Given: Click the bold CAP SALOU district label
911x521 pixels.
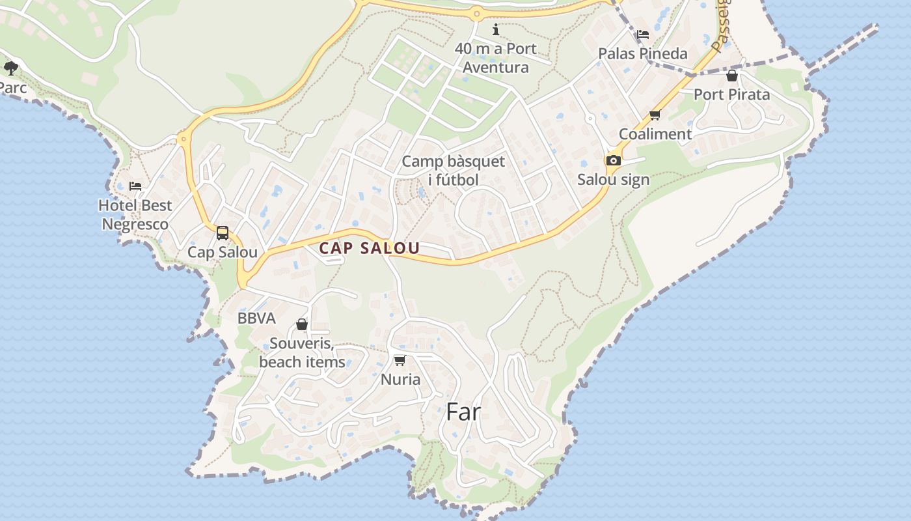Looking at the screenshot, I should click(x=369, y=248).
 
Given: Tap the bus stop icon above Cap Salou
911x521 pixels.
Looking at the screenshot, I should click(x=223, y=232).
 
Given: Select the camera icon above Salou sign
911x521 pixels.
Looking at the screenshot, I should click(x=613, y=160).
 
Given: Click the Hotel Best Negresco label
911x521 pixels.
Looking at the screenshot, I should click(x=135, y=215).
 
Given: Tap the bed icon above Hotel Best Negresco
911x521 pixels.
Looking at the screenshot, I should click(x=135, y=186).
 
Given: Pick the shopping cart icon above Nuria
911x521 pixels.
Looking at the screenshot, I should click(x=400, y=360).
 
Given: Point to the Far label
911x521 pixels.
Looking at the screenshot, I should click(x=463, y=412).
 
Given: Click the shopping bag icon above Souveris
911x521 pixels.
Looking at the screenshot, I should click(x=302, y=324).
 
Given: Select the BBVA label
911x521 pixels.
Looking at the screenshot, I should click(x=256, y=318).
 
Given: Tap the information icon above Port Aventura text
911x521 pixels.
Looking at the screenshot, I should click(x=496, y=29).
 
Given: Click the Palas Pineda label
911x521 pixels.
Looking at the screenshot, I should click(x=642, y=53).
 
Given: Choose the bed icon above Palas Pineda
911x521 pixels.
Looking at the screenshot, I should click(x=643, y=34).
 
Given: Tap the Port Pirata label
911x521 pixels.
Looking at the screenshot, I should click(x=731, y=94).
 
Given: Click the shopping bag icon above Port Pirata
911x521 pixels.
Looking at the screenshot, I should click(x=732, y=76).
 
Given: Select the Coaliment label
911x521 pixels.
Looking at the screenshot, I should click(x=655, y=134).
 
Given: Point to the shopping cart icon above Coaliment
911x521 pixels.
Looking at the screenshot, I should click(x=655, y=115).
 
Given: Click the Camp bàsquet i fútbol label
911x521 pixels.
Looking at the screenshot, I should click(x=453, y=171).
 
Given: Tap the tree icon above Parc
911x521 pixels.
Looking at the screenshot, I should click(x=10, y=67).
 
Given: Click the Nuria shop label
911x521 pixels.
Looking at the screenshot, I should click(x=400, y=379).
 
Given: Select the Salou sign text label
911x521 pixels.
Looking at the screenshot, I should click(x=613, y=180).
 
